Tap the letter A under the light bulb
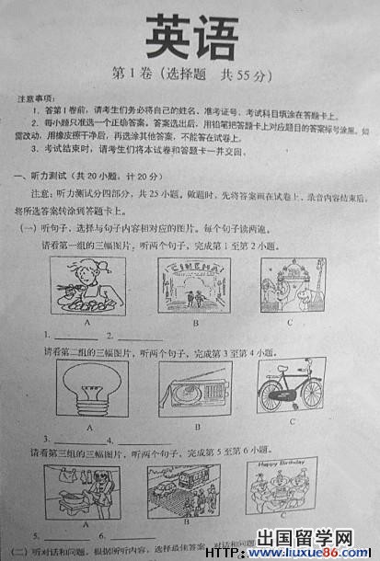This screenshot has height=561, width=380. pyautogui.click(x=90, y=427)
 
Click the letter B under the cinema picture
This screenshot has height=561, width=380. pyautogui.click(x=195, y=323)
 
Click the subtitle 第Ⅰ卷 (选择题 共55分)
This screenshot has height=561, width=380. pyautogui.click(x=190, y=73)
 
